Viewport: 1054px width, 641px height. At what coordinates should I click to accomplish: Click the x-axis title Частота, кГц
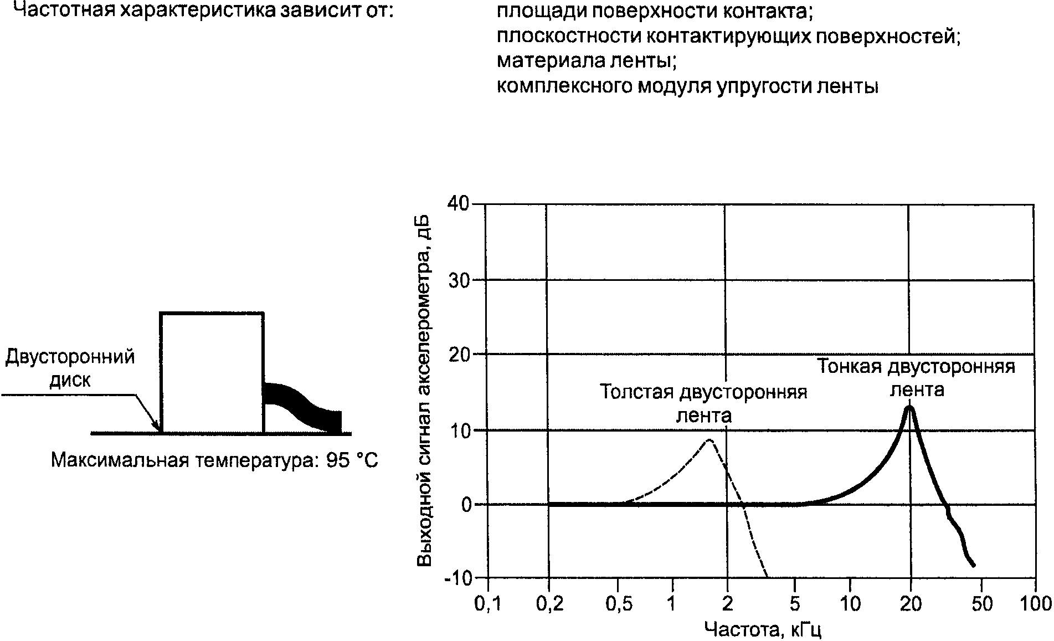tap(762, 629)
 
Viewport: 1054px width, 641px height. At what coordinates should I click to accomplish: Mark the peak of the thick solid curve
tap(909, 407)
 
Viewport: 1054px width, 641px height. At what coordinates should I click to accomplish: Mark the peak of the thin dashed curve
tap(709, 440)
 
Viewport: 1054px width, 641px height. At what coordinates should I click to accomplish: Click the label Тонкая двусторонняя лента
tap(917, 378)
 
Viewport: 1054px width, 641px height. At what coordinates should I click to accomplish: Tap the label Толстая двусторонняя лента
tap(704, 403)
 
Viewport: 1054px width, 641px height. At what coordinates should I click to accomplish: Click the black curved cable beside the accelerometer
tap(302, 407)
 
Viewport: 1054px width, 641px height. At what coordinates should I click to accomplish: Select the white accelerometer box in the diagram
tap(212, 372)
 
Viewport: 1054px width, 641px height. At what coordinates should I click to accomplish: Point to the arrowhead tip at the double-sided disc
tap(160, 431)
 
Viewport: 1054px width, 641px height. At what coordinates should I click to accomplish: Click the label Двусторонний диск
tap(70, 368)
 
